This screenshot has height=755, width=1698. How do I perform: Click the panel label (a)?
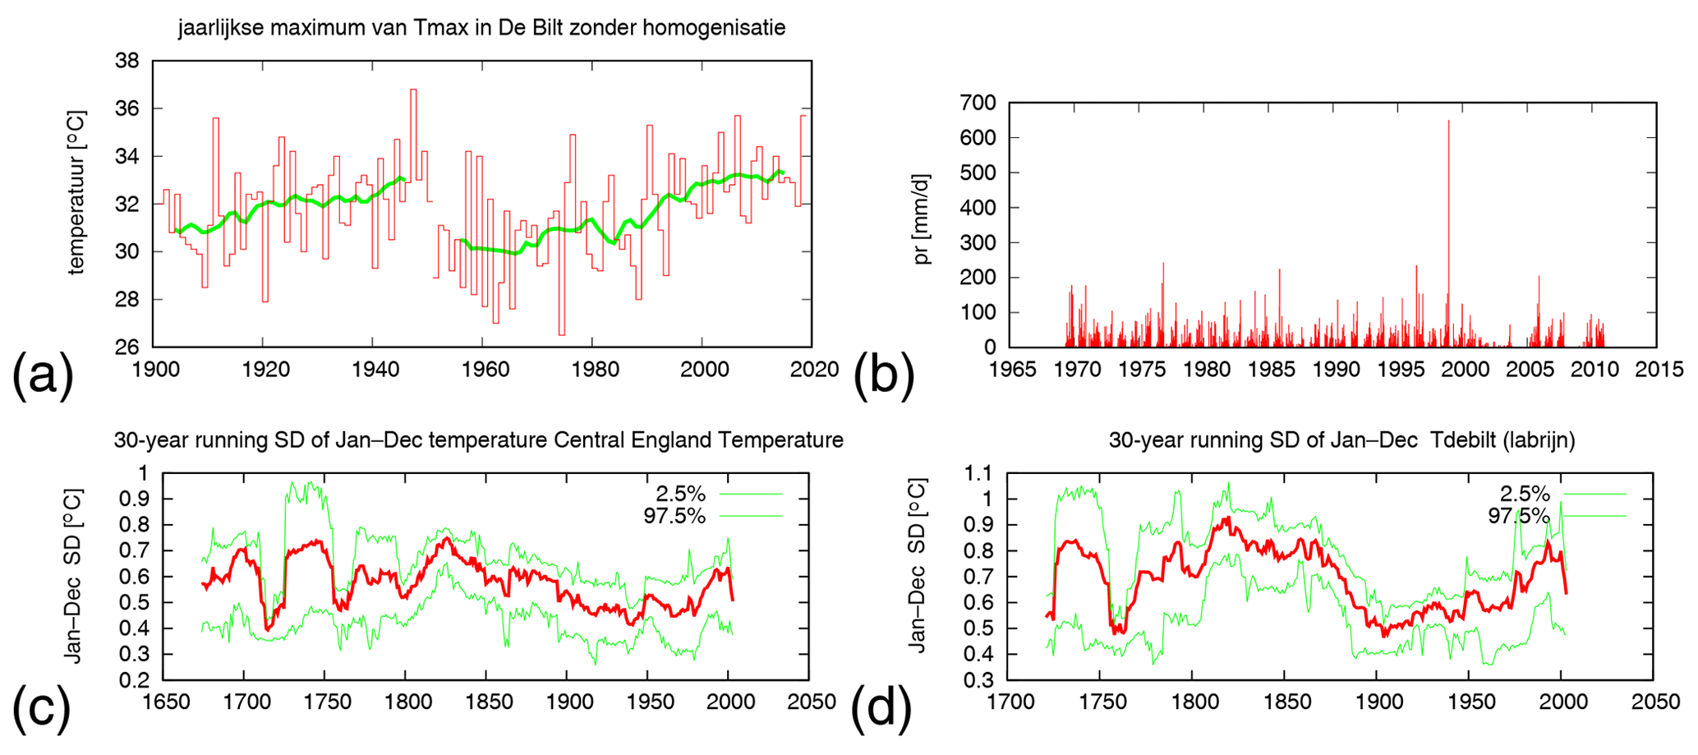click(43, 375)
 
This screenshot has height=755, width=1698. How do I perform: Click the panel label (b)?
click(884, 375)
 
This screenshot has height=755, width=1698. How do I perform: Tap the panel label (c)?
click(41, 707)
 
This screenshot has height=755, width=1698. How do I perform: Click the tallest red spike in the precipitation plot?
click(1448, 123)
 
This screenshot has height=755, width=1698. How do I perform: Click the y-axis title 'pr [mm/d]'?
click(922, 219)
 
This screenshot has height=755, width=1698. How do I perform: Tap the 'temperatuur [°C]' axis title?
click(76, 192)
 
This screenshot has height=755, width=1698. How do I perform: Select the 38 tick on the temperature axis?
click(128, 61)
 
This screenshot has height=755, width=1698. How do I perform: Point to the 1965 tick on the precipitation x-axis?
click(1012, 369)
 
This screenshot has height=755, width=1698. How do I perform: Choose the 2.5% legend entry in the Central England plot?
click(680, 494)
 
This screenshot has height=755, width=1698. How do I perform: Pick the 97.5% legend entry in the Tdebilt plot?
click(1518, 516)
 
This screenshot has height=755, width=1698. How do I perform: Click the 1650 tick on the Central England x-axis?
click(165, 702)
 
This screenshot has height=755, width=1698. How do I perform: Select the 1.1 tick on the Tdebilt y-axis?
click(977, 473)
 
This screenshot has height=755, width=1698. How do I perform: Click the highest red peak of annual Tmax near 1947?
click(413, 90)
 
